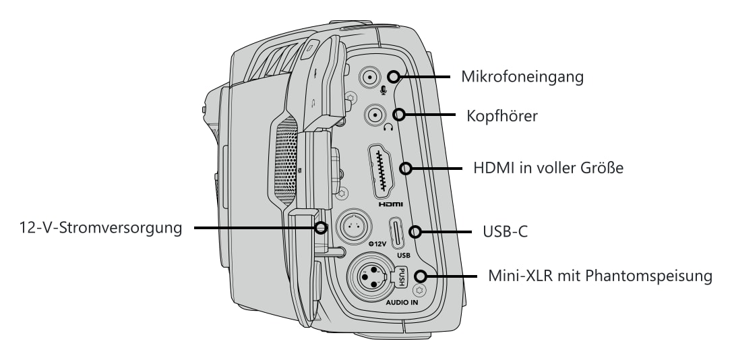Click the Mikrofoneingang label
522,77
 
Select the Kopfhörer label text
502,116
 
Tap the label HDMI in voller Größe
549,168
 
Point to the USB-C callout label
506,232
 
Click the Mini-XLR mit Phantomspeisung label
601,276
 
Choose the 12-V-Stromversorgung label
101,228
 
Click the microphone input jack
370,77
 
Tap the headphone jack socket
375,115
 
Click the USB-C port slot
397,233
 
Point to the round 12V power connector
355,227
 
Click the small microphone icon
384,90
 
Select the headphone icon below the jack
388,127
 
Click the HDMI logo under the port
390,204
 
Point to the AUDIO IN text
402,302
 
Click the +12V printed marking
377,244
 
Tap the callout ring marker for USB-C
415,232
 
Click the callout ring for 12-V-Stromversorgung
321,228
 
